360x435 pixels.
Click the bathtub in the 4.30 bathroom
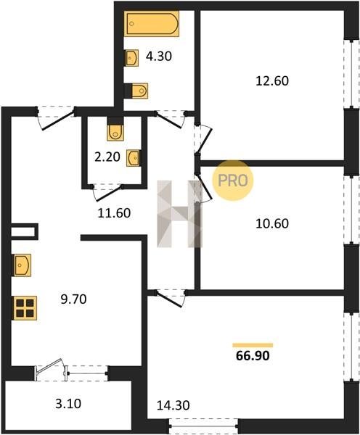click(x=152, y=24)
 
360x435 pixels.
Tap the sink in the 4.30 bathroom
click(x=131, y=58)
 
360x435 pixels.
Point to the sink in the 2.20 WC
click(x=134, y=158)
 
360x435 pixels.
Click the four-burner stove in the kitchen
click(x=25, y=308)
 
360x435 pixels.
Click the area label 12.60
click(x=272, y=81)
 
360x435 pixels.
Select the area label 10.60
click(x=272, y=223)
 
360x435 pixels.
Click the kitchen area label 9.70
click(x=73, y=299)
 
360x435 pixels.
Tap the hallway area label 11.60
click(x=114, y=213)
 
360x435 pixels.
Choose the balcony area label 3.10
click(x=68, y=403)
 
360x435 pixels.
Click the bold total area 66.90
click(x=253, y=356)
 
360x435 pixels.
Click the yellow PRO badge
click(x=233, y=181)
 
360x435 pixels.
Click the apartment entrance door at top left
click(x=56, y=117)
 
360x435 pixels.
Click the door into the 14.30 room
click(x=170, y=298)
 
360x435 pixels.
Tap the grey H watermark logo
click(x=179, y=214)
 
